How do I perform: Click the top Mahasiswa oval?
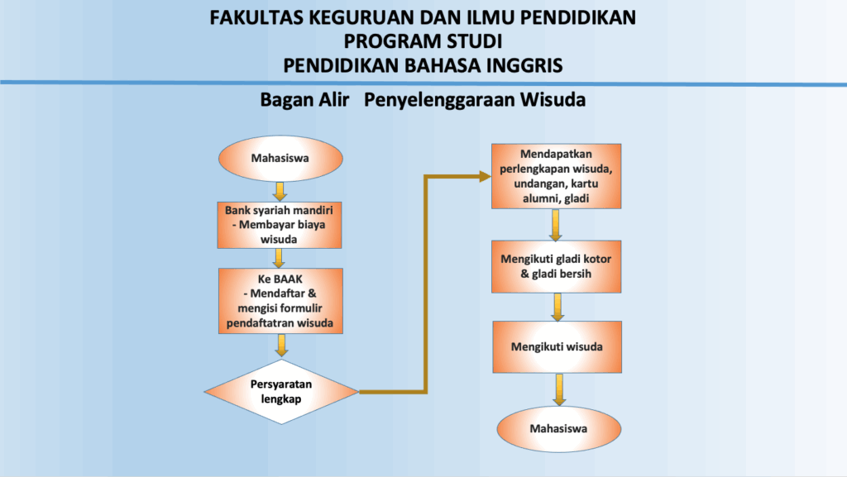click(x=280, y=158)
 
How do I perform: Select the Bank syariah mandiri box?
click(x=280, y=225)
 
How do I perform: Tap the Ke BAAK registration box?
click(x=280, y=301)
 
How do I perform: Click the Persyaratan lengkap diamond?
click(x=281, y=392)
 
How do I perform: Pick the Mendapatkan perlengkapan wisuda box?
click(x=556, y=176)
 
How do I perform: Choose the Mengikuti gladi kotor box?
click(x=556, y=266)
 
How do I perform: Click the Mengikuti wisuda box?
click(x=557, y=347)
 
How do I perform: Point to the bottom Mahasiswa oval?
click(x=558, y=429)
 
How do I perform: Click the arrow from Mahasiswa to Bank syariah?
click(x=280, y=192)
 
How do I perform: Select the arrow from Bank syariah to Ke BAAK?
click(x=279, y=259)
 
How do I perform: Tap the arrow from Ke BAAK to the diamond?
click(x=281, y=346)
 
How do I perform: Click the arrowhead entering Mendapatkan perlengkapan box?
click(x=485, y=176)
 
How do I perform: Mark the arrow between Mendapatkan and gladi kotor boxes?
click(x=555, y=225)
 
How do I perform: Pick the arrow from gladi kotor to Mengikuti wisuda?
click(x=557, y=307)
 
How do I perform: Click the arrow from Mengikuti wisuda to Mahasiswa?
click(x=559, y=389)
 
